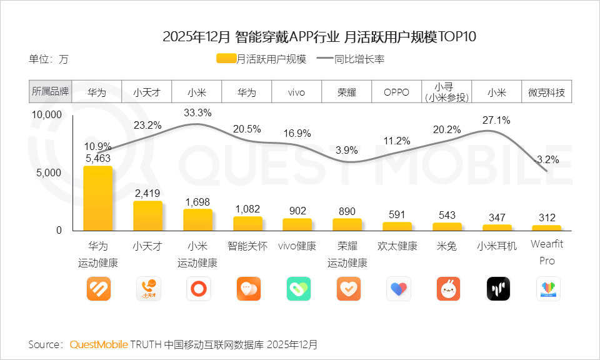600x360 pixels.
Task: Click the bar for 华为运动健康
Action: tap(98, 198)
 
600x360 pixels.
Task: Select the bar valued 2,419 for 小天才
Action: tap(147, 216)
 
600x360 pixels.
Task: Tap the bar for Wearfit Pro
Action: tap(547, 227)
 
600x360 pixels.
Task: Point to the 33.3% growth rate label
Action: tap(197, 113)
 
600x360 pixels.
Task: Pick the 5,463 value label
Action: tap(98, 159)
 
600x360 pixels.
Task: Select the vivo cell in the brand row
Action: tap(296, 92)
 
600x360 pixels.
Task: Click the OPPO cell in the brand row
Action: tap(396, 92)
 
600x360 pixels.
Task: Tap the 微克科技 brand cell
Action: tap(546, 92)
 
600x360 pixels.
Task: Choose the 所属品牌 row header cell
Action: tap(51, 92)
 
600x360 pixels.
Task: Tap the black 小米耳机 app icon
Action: tap(498, 289)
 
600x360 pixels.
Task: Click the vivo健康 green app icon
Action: tap(298, 289)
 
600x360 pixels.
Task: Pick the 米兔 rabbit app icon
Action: tap(448, 289)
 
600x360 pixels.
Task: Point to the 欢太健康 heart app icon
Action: tap(398, 289)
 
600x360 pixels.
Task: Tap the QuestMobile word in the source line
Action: tap(98, 344)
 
